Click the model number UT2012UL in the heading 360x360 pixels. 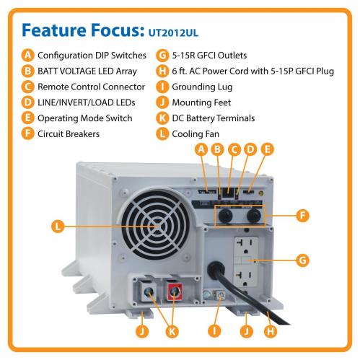pos(173,32)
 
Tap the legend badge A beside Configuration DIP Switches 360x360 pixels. pos(28,56)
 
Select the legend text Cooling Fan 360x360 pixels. pos(196,134)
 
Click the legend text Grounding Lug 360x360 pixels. pos(202,87)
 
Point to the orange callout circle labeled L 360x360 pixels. pos(58,227)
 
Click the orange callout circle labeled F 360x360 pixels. pos(302,216)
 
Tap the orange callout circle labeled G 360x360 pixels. pos(302,260)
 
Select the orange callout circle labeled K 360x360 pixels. pos(172,331)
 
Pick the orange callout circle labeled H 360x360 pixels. pos(271,331)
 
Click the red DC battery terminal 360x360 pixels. pos(175,291)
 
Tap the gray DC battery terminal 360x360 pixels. pos(149,291)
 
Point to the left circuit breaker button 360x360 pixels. pos(225,215)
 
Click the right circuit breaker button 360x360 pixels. pos(254,215)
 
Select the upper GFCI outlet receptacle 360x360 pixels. pos(246,246)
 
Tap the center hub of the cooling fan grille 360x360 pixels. pos(157,226)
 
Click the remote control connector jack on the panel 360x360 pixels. pos(227,192)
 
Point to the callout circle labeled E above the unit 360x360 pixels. pos(267,149)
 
